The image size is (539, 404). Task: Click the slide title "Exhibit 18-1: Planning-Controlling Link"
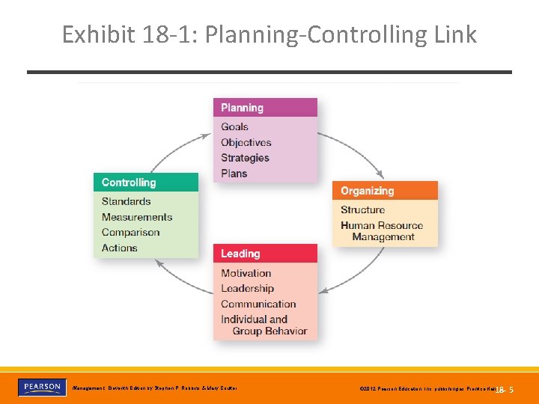pos(269,34)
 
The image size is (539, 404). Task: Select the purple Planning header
pos(265,108)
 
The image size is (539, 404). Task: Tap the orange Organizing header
pos(385,191)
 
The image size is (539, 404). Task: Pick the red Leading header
pos(265,254)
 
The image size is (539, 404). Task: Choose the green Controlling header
pos(146,183)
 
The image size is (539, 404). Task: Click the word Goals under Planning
pos(234,126)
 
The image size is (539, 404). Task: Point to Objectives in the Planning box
pos(246,142)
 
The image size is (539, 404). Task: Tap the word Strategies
pos(245,158)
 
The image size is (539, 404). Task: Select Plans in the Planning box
pos(234,174)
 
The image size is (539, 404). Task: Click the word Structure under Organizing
pos(362,210)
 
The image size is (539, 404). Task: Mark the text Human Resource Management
pos(382,231)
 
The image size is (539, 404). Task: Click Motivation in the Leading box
pos(246,273)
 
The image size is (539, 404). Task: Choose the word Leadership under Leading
pos(247,289)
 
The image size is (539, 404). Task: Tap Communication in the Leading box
pos(258,304)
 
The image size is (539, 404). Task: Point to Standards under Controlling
pos(126,201)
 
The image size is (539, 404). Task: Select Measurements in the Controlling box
pos(137,217)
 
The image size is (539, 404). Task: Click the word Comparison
pos(130,233)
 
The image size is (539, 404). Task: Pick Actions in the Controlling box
pos(119,248)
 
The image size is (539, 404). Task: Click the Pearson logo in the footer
pos(40,388)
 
